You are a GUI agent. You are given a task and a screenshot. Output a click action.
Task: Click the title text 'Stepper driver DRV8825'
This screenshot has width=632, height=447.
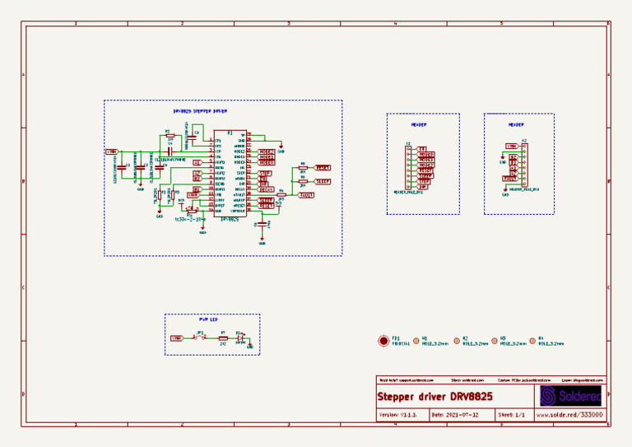coord(434,397)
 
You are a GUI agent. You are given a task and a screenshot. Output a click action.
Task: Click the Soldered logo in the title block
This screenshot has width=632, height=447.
coord(570,396)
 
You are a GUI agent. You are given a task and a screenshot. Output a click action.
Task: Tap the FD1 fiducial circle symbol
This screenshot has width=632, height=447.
coord(383,340)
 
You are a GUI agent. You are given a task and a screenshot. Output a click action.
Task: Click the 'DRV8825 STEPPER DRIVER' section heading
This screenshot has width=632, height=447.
coord(200,110)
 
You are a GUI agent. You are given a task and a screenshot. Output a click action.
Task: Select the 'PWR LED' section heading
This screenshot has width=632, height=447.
coord(208,319)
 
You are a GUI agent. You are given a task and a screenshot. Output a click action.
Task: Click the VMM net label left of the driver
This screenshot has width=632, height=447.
coord(111,151)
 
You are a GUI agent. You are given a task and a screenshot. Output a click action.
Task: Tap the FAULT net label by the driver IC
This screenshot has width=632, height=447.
coord(306,194)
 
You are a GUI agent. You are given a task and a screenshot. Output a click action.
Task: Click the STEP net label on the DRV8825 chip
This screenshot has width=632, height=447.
coord(264,173)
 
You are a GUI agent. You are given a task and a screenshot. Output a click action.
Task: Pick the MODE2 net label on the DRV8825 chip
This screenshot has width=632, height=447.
coord(266,162)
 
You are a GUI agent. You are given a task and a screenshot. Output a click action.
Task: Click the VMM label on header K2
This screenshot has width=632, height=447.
coord(510,146)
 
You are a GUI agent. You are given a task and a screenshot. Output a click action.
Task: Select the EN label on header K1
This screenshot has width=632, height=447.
coord(421,149)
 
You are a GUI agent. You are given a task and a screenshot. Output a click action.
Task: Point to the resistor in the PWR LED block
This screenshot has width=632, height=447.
coord(222,338)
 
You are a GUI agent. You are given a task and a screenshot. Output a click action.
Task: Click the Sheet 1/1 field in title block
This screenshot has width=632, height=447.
coord(512,416)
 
